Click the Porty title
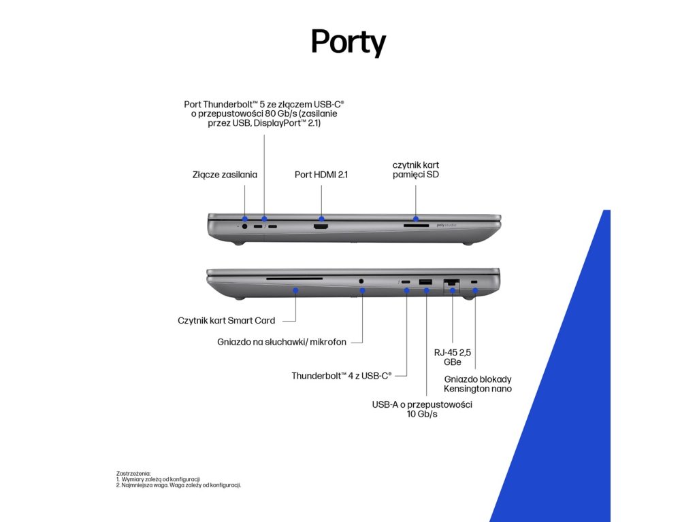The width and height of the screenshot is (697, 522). tap(348, 42)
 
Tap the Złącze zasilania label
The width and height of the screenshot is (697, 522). tap(225, 175)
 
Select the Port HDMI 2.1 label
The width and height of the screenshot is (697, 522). tap(321, 175)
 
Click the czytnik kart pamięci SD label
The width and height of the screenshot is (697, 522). tap(415, 170)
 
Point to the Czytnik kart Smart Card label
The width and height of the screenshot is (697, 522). tap(227, 320)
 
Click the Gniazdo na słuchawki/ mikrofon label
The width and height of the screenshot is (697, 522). tap(282, 342)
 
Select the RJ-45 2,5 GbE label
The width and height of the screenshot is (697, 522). tap(452, 358)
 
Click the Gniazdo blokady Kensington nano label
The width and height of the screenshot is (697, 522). tap(478, 384)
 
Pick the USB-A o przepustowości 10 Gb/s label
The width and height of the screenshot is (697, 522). tap(422, 408)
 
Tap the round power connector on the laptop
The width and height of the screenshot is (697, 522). tap(244, 226)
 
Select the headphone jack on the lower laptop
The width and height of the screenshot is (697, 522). tap(361, 279)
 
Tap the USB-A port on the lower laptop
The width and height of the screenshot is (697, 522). tap(426, 281)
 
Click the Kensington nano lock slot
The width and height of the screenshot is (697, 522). tap(474, 281)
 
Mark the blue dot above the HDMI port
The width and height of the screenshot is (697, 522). tap(322, 219)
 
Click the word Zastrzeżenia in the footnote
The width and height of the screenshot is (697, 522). tap(133, 473)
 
